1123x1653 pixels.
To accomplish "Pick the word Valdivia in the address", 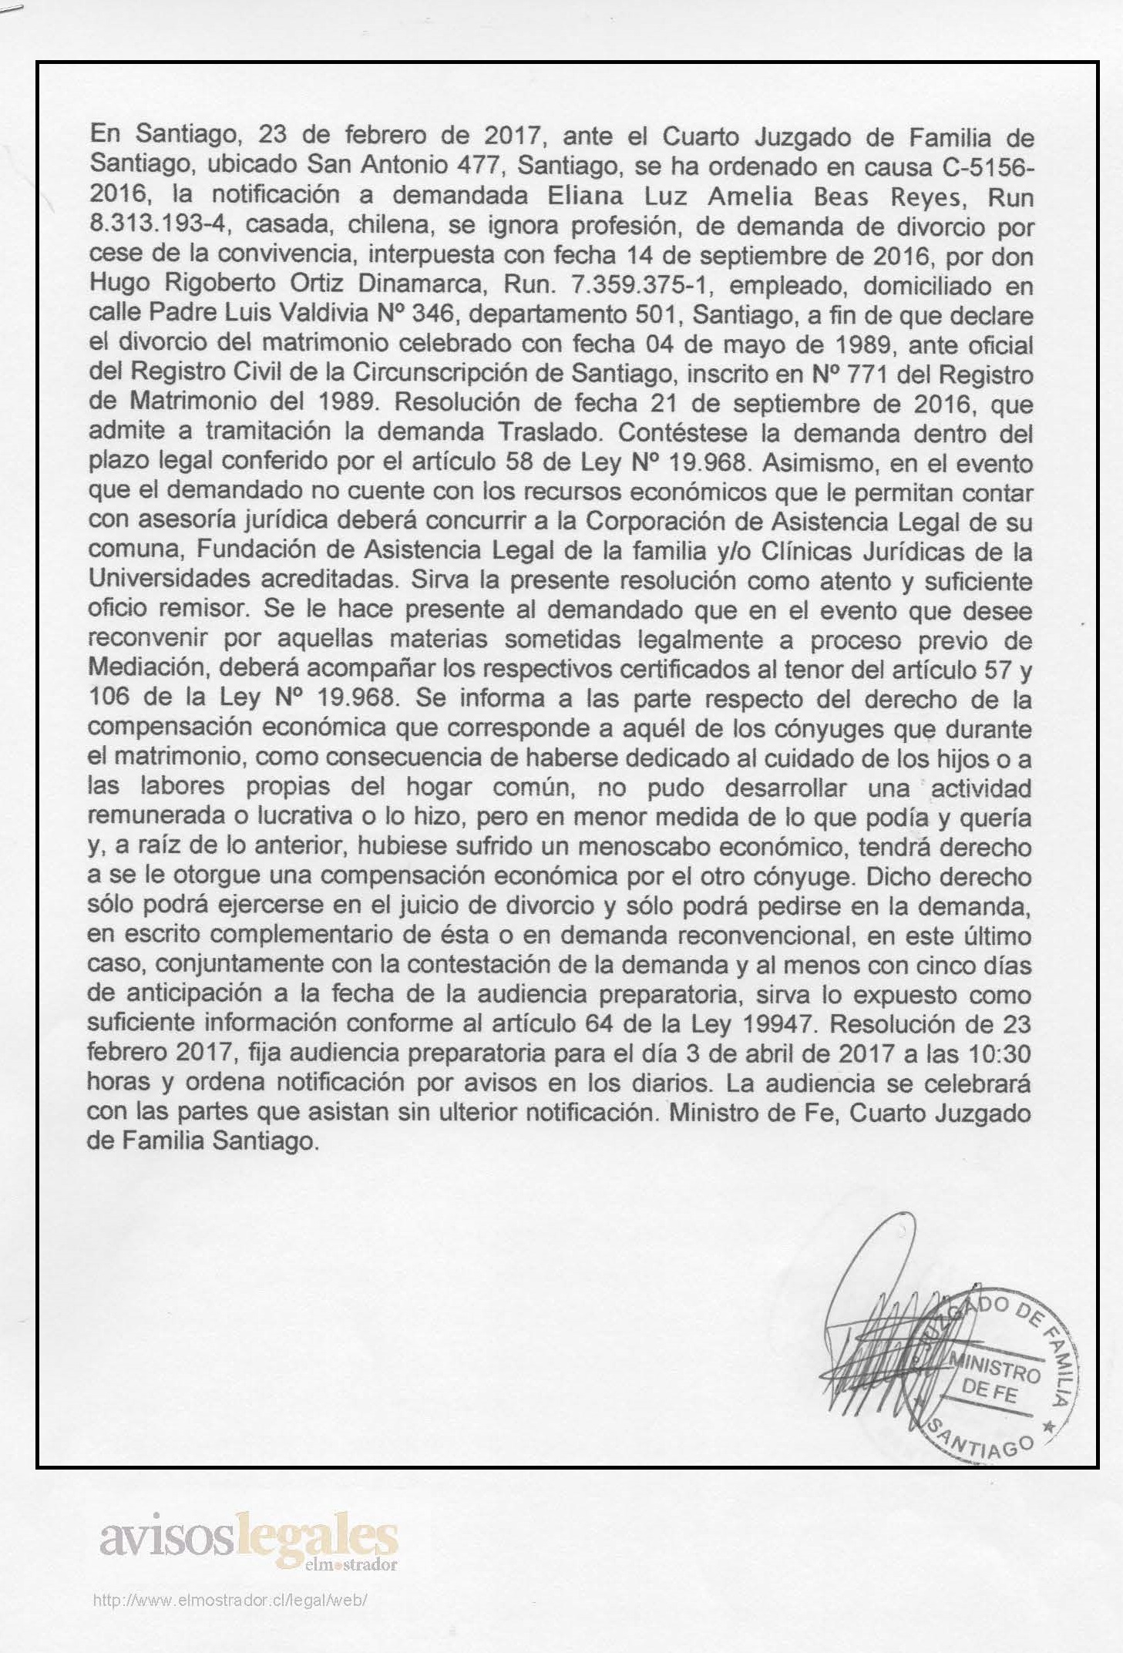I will tap(327, 316).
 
